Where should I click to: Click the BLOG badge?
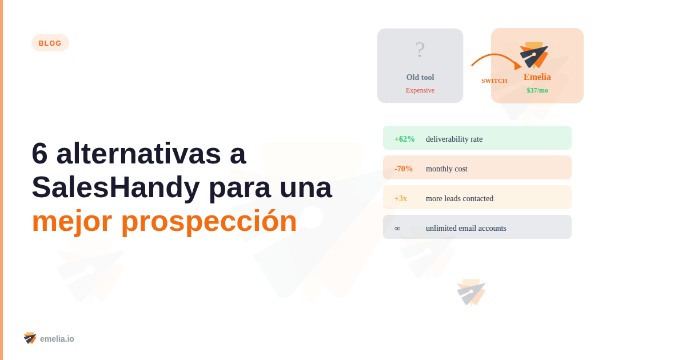[x=50, y=43]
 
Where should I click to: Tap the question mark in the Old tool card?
[x=420, y=50]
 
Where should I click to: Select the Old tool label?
[x=420, y=77]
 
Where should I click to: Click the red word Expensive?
[x=420, y=90]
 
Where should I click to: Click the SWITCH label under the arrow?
[x=494, y=81]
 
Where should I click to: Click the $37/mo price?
[x=537, y=90]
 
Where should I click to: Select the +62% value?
[x=405, y=139]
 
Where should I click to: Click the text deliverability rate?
[x=454, y=139]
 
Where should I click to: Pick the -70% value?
[x=404, y=169]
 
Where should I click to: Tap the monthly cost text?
[x=446, y=169]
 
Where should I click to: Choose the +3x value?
[x=401, y=198]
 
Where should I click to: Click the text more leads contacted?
[x=460, y=198]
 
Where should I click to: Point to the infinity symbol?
[x=397, y=229]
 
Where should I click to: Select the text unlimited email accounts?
[x=466, y=228]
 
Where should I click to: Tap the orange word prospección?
[x=209, y=221]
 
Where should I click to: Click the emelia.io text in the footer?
[x=57, y=339]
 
